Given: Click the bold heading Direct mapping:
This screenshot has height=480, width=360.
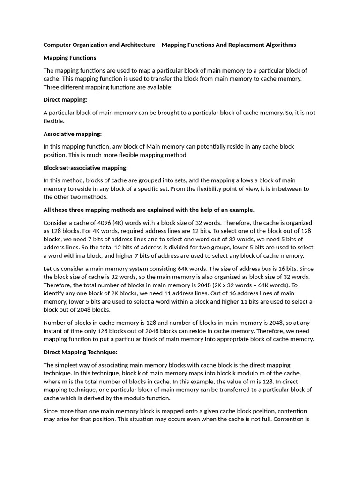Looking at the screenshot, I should [66, 100].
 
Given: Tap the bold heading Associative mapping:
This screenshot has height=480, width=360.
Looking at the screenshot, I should [73, 134].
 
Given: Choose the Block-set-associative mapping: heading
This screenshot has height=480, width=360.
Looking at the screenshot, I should [85, 168].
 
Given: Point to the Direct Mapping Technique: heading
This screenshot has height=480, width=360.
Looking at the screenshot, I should [80, 352].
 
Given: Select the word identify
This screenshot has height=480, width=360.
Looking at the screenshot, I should [54, 293].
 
